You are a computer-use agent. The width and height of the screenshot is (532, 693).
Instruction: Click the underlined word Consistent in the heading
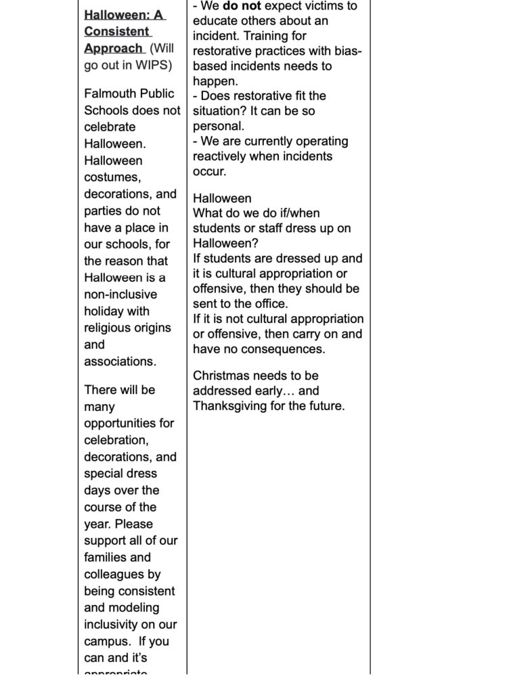coord(116,31)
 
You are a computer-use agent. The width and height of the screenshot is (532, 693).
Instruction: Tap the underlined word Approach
coord(113,48)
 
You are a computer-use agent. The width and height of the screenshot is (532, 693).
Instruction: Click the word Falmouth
coord(110,94)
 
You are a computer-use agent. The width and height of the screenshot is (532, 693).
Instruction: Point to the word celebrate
coord(110,127)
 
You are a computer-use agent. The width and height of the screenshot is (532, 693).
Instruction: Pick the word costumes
coord(112,177)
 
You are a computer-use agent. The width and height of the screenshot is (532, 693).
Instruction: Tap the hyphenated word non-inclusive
coord(120,294)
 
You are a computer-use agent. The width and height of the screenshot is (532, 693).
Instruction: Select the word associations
coord(120,361)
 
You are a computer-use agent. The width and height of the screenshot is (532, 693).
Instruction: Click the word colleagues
coord(113,575)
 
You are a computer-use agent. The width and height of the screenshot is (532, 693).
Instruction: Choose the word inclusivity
coord(111,625)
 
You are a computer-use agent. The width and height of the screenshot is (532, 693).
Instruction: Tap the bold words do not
coord(239,6)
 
